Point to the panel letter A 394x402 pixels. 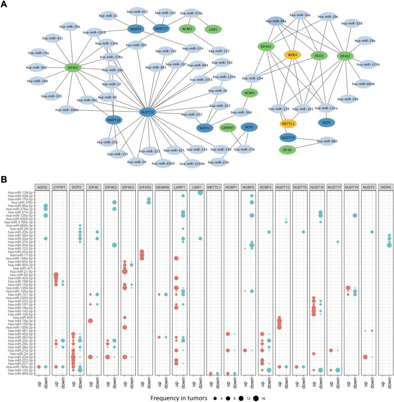(x=5, y=5)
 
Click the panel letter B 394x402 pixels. (x=5, y=181)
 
